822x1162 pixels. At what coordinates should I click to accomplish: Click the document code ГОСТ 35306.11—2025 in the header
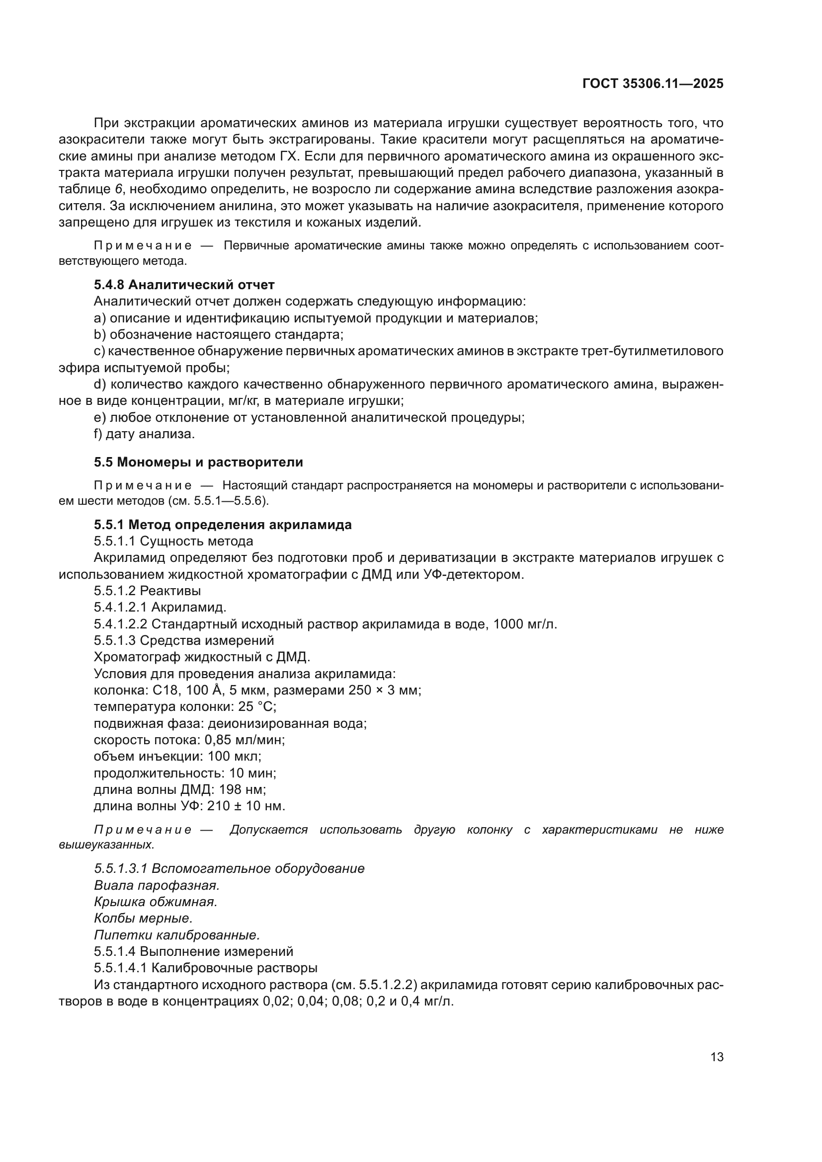tap(653, 83)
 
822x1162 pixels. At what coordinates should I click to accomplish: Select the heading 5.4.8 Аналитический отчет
tap(184, 285)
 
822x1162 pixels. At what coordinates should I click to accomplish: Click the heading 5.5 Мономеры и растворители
tap(198, 462)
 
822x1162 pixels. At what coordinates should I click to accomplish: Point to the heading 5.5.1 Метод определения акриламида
tap(223, 524)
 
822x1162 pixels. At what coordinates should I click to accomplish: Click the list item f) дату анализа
tap(144, 434)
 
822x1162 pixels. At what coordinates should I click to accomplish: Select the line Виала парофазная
tap(157, 885)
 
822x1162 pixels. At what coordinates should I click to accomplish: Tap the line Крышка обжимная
tap(156, 901)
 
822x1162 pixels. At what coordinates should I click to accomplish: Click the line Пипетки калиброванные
tap(176, 935)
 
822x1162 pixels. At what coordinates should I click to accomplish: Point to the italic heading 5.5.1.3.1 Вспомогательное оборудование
tap(229, 868)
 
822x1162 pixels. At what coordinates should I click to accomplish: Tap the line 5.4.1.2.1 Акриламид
tap(160, 607)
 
